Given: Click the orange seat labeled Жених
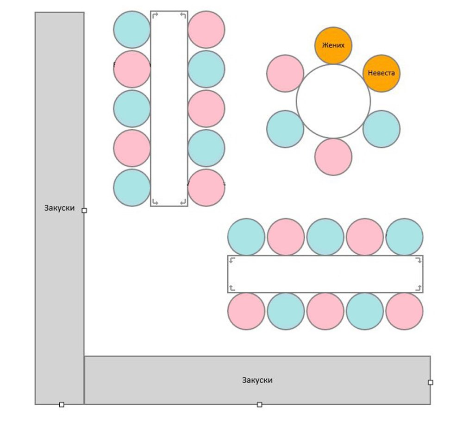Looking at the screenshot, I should tap(333, 45).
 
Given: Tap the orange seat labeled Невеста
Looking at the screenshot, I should tap(382, 73).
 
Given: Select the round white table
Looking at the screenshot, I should tap(333, 101).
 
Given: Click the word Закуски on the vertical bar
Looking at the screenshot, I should tap(60, 208).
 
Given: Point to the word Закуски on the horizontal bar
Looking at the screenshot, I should tap(257, 380).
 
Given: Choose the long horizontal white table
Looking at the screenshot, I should tap(325, 274).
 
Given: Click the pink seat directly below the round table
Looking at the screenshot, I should tap(333, 157).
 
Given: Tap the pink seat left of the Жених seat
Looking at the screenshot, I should tap(285, 73).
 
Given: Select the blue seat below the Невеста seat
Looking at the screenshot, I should tap(382, 129).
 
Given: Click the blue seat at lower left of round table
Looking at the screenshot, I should tap(285, 129).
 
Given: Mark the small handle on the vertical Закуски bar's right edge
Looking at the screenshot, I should tap(84, 210).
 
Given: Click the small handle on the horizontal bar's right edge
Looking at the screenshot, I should tap(431, 382).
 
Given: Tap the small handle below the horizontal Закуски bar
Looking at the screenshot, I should tap(259, 405).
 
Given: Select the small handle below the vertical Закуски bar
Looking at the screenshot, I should tap(62, 405).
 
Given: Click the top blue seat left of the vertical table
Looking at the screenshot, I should tap(132, 30).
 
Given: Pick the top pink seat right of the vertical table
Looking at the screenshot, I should tap(206, 30).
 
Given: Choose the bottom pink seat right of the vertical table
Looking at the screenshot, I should tap(206, 188).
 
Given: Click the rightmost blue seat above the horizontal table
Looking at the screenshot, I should tap(404, 237).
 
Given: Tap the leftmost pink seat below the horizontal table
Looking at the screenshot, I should tap(246, 311).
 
